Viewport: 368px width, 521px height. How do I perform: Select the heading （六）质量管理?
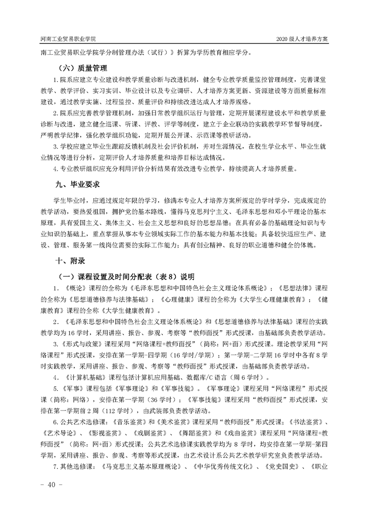pyautogui.click(x=81, y=68)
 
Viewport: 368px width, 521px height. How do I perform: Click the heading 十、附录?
pyautogui.click(x=71, y=261)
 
